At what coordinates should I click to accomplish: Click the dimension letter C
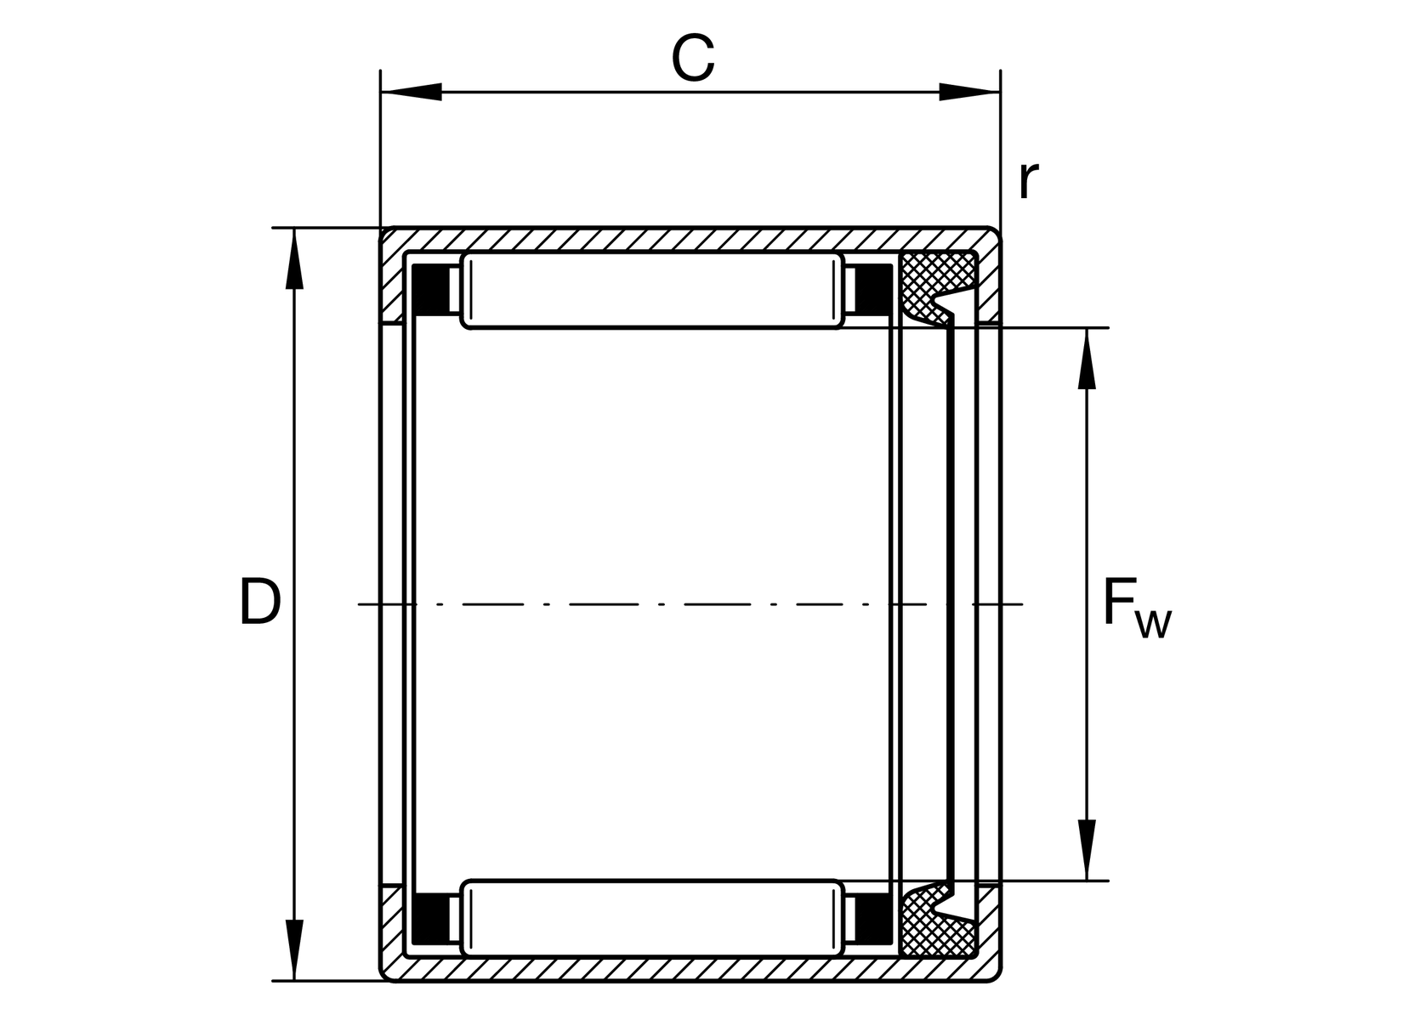[693, 58]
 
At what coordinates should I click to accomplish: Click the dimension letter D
[260, 601]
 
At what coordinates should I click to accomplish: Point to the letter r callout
[1029, 180]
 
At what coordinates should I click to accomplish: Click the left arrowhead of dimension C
[411, 92]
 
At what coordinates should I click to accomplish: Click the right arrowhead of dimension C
[969, 92]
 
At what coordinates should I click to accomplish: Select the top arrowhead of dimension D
[294, 258]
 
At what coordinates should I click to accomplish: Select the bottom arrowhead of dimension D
[294, 949]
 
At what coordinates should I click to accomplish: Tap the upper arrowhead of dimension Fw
[1087, 359]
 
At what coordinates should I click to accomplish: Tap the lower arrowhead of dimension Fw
[1087, 850]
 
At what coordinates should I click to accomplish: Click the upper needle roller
[653, 290]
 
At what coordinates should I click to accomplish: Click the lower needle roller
[653, 918]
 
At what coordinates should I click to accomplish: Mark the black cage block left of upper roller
[430, 290]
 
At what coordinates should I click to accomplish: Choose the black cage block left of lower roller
[430, 919]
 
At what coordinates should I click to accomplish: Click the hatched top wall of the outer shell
[689, 240]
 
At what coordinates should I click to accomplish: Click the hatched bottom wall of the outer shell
[689, 969]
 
